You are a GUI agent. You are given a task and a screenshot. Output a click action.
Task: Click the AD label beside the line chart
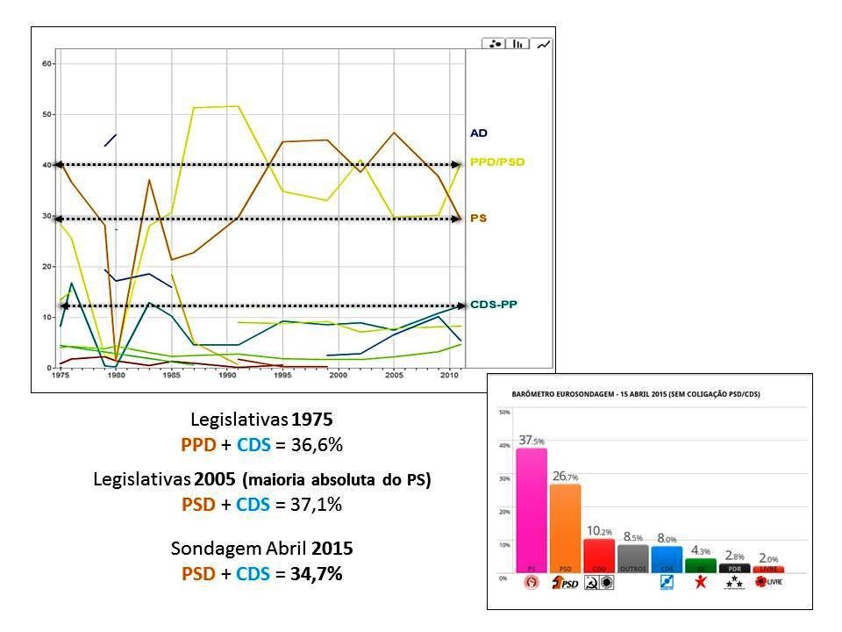(x=478, y=133)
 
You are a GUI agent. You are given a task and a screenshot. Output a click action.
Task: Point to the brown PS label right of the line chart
(x=478, y=217)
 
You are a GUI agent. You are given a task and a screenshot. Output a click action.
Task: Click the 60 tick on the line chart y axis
(x=48, y=64)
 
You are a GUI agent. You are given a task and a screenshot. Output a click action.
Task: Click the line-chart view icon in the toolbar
(x=544, y=44)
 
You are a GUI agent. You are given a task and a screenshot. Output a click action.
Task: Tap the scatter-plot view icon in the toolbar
(x=496, y=44)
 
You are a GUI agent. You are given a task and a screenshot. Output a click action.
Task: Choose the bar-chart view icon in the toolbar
(x=519, y=44)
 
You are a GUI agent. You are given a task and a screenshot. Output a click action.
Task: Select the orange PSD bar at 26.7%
(x=564, y=528)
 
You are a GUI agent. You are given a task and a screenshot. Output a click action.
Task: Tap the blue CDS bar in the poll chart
(x=667, y=558)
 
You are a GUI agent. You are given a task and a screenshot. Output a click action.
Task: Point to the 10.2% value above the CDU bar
(x=599, y=530)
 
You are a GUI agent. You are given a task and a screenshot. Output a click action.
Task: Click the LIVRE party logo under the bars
(x=768, y=583)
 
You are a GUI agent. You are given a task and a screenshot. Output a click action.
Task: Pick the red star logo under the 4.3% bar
(x=700, y=583)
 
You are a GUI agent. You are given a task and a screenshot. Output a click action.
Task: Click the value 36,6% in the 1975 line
(x=311, y=445)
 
